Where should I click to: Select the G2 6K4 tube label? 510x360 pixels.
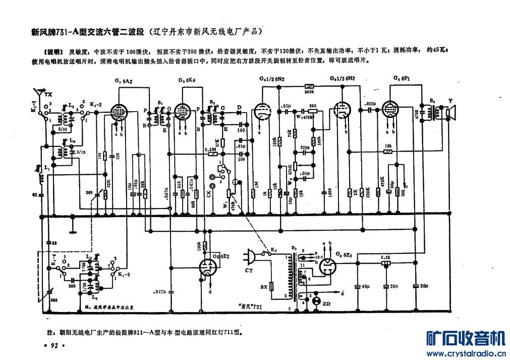pos(187,81)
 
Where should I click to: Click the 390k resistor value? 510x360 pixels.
pos(309,93)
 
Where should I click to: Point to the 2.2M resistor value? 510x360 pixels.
pos(211,150)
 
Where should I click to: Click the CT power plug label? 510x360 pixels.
pos(248,271)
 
